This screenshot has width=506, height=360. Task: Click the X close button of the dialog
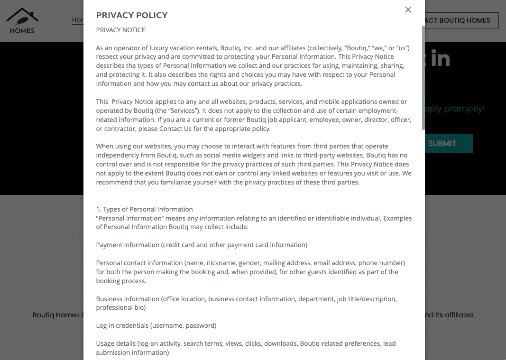coord(408,9)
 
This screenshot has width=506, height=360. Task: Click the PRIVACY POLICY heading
coord(132,15)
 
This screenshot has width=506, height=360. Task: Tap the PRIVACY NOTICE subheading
coord(120,30)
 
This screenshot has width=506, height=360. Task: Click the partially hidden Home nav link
coord(78,20)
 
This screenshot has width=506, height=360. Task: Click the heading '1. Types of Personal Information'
coord(144,209)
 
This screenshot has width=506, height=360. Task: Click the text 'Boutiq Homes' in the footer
coord(56,315)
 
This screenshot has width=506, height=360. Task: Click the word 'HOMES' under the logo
coord(22,30)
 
